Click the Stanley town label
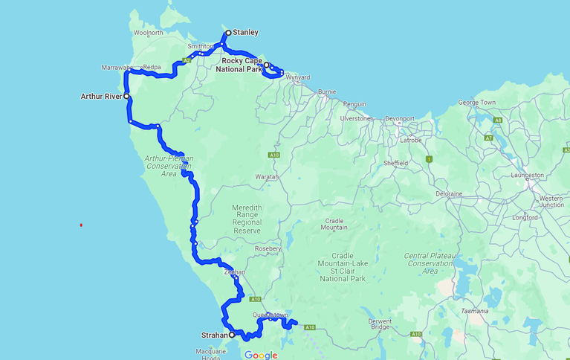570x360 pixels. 245,33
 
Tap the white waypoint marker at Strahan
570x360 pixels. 232,335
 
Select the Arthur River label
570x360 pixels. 101,96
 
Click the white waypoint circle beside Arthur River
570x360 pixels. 127,96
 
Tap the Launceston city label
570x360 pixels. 528,175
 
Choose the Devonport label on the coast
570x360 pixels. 399,118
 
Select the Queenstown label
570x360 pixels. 270,315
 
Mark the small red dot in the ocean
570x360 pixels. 81,225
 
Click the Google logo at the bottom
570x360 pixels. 261,355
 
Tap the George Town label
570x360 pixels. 476,103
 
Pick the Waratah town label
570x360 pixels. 267,177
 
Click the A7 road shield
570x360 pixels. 488,138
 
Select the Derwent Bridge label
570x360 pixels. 380,324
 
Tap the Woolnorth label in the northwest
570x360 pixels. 149,33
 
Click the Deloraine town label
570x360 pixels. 449,193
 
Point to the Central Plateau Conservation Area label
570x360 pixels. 430,263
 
